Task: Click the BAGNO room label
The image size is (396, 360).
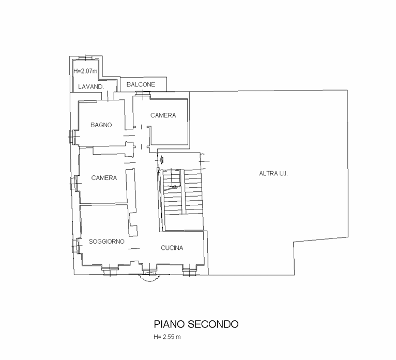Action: (x=101, y=125)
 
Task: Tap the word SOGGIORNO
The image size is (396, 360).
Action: (x=106, y=242)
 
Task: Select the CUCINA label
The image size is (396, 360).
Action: (x=172, y=248)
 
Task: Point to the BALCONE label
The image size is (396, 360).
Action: (x=141, y=84)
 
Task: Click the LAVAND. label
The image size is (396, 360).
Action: (x=91, y=87)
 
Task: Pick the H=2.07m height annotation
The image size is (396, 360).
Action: (x=85, y=71)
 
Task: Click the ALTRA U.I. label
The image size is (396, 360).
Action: (x=273, y=174)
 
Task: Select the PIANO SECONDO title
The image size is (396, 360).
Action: (x=195, y=324)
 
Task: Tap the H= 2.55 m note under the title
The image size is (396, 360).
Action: (x=166, y=337)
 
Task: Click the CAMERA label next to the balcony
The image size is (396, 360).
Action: (x=163, y=115)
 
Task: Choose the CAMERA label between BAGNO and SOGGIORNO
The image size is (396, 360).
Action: (x=104, y=178)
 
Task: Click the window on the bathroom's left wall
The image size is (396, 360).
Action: (x=72, y=137)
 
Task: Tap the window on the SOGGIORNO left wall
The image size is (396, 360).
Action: (x=74, y=245)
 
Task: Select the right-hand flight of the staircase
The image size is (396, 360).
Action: (x=192, y=191)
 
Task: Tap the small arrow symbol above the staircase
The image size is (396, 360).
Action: (x=161, y=159)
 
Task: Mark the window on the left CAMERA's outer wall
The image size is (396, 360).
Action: (x=74, y=183)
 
